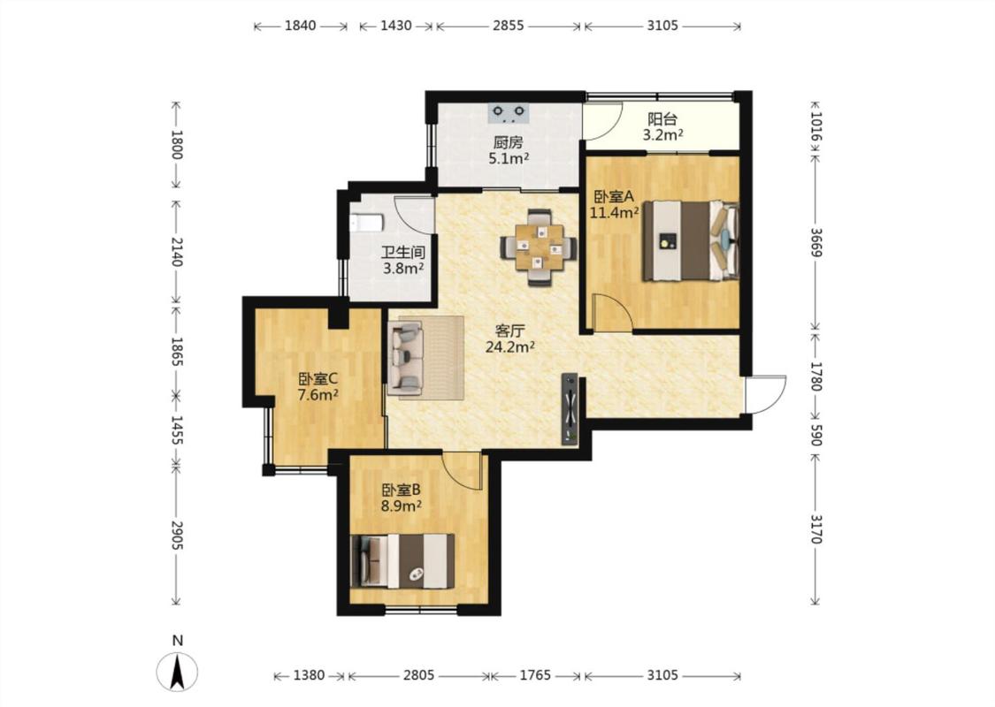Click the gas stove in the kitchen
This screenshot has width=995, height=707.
tap(509, 113)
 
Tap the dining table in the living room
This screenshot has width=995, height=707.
tap(539, 247)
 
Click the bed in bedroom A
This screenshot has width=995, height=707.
tap(691, 240)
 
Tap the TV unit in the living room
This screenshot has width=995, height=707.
tap(570, 408)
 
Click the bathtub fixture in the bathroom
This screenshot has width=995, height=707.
tap(367, 224)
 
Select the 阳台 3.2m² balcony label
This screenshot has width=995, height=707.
tap(662, 126)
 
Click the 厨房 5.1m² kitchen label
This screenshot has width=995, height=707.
tap(509, 150)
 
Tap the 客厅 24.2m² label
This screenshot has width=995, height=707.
tap(509, 338)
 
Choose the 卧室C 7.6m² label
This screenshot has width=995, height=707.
tap(318, 387)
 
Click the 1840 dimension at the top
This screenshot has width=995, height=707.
tap(300, 26)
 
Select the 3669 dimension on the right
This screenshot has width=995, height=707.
tap(816, 241)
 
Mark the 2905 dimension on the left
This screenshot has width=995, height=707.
tap(176, 536)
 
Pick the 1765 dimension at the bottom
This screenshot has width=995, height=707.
tap(536, 675)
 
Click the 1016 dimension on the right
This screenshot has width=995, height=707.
tap(816, 126)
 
